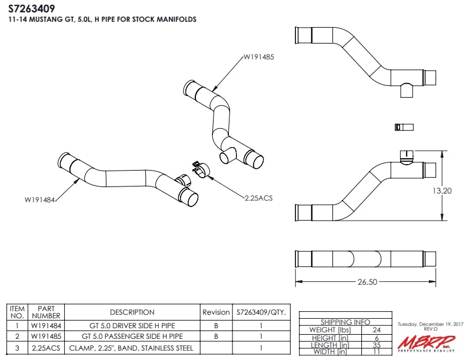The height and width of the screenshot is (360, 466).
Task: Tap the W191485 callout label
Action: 259,58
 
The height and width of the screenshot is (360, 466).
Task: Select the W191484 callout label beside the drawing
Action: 39,200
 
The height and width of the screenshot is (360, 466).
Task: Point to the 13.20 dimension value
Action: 442,191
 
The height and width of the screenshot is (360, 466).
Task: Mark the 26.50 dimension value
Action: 367,282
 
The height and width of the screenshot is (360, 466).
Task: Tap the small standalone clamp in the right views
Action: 404,127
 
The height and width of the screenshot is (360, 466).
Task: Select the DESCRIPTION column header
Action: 132,312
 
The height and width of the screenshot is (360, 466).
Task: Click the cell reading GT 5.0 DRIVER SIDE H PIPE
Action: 132,325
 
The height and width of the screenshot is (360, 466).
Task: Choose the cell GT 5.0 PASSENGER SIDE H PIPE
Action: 132,336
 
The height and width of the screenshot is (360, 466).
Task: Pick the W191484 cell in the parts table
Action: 46,325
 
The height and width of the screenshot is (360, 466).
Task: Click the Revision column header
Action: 216,312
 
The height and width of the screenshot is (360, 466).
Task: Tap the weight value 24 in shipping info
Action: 377,329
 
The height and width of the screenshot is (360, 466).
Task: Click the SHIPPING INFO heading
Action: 345,322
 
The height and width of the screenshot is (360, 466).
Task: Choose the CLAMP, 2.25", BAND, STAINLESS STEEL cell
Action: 132,348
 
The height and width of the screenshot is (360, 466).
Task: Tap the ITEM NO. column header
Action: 17,312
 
